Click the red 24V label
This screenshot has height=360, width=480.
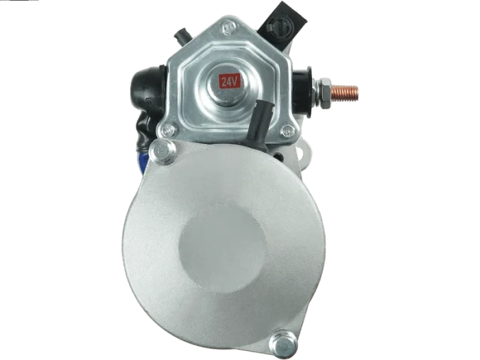[x=229, y=82]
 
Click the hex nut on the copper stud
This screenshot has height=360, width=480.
[x=324, y=93]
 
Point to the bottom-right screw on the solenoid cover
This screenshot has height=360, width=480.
[x=287, y=131]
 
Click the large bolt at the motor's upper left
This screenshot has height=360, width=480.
[x=162, y=151]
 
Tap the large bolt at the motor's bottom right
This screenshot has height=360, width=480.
[x=283, y=344]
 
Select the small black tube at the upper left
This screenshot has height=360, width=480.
[x=183, y=36]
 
